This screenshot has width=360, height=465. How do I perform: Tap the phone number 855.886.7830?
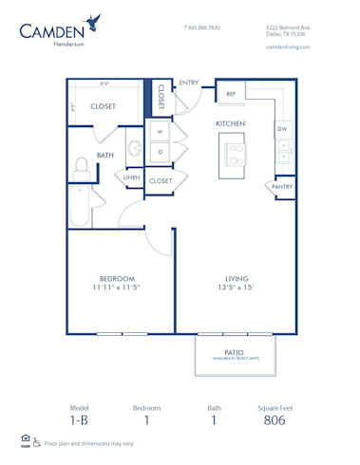point(204,28)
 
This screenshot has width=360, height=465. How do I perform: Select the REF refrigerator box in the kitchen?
point(231,94)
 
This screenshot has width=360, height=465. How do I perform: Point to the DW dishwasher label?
point(282,128)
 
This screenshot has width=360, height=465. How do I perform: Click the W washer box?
point(160,132)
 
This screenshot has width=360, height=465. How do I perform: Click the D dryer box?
point(160,151)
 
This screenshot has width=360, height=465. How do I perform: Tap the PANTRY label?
point(282,188)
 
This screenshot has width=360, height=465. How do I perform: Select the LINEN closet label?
point(131,177)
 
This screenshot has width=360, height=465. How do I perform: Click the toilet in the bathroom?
point(82,170)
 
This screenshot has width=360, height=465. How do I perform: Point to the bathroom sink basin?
point(134,148)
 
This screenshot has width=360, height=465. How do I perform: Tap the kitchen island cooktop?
point(233,149)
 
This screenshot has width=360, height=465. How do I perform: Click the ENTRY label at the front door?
point(188,83)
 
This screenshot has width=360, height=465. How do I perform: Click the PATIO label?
point(234,351)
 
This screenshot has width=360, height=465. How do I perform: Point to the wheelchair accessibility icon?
point(37,443)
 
